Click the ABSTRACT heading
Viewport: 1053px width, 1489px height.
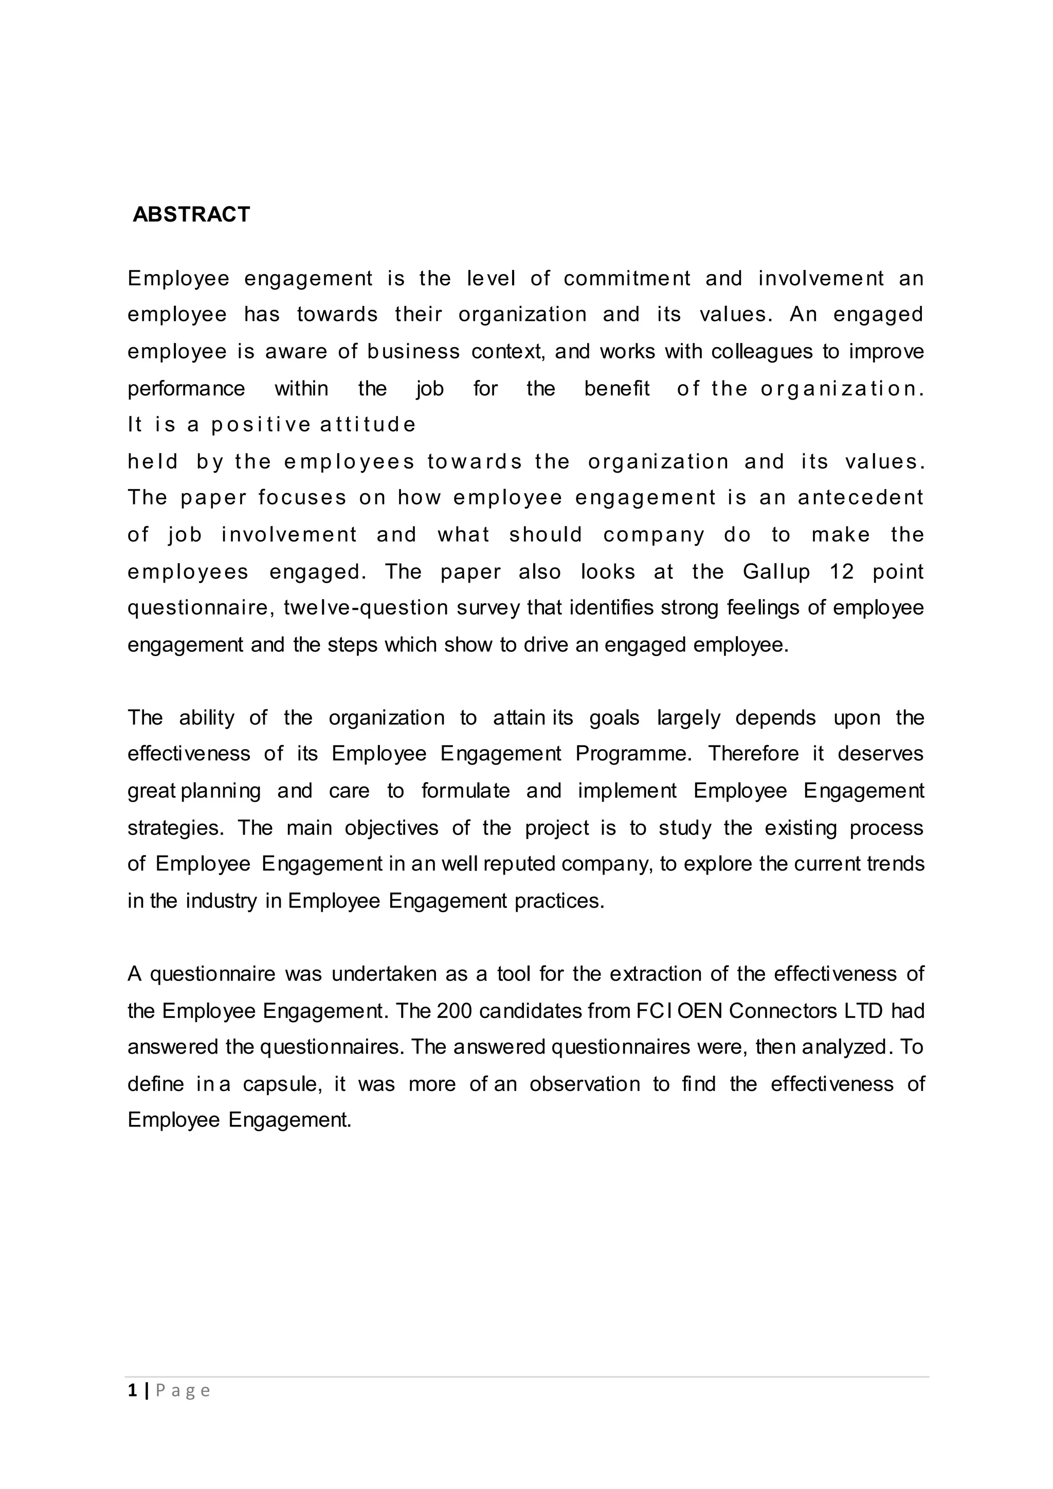tap(191, 214)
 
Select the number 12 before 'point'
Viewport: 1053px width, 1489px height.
tap(842, 571)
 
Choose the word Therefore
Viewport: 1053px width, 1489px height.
tap(753, 754)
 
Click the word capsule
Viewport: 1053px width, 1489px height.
tap(282, 1084)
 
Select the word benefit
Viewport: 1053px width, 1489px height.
tap(616, 389)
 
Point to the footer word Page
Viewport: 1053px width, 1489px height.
tap(183, 1391)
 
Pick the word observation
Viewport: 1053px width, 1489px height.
tap(584, 1084)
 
